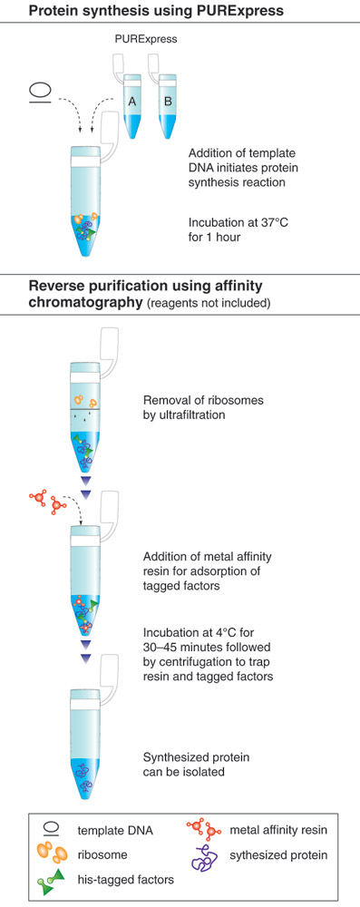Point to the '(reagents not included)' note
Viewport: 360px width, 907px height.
208,303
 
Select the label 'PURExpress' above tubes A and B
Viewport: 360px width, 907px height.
144,41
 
